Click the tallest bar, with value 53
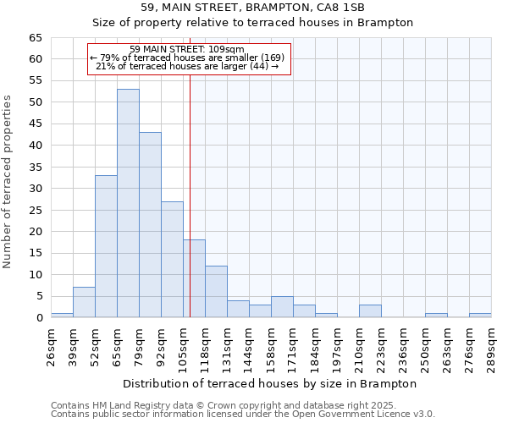(x=128, y=203)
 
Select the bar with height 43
(x=150, y=225)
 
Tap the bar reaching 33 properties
(x=106, y=246)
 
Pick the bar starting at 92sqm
(x=172, y=259)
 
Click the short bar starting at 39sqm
(x=84, y=302)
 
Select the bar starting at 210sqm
(x=370, y=310)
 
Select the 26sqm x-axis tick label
(x=51, y=345)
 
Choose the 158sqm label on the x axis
(x=271, y=345)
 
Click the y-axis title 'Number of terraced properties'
(x=8, y=181)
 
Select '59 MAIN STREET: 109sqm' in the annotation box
(x=187, y=49)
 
